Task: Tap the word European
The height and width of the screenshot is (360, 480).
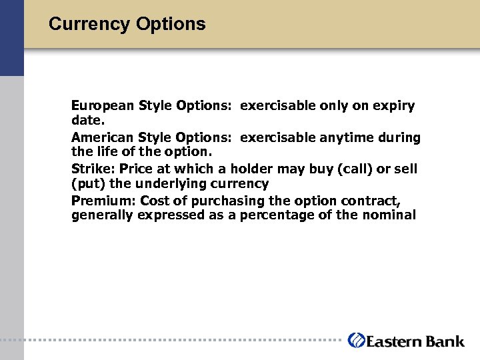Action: (x=103, y=106)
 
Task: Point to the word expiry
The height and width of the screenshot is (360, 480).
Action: (x=393, y=106)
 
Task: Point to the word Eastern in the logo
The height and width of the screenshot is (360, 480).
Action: (x=394, y=341)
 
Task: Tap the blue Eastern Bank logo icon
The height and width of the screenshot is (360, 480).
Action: (x=356, y=341)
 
